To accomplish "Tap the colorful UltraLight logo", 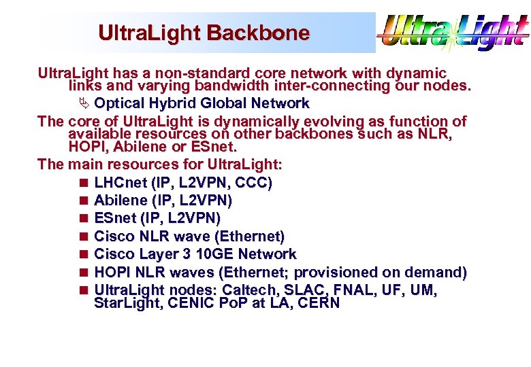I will tap(453, 33).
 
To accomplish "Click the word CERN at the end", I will tap(318, 303).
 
